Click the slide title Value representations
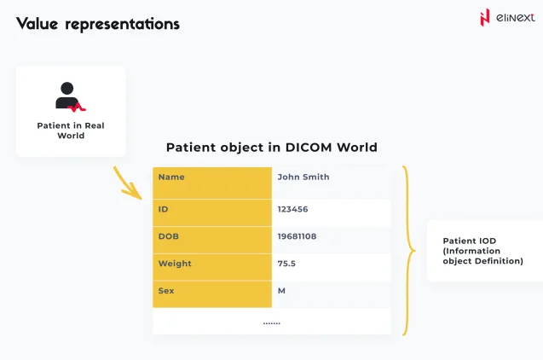coord(98,24)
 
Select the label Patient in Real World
coord(71,131)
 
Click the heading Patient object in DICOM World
coord(271,148)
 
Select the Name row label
coord(171,177)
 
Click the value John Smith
coord(303,177)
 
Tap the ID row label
coord(164,208)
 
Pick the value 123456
coord(292,208)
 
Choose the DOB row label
coord(168,236)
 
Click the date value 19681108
coord(297,236)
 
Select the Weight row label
coord(175,264)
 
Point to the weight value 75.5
coord(286,264)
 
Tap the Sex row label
coord(166,291)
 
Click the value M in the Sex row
coord(281,291)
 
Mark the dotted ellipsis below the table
coord(271,322)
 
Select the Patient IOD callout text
coord(482,251)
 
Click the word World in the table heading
coord(356,148)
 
